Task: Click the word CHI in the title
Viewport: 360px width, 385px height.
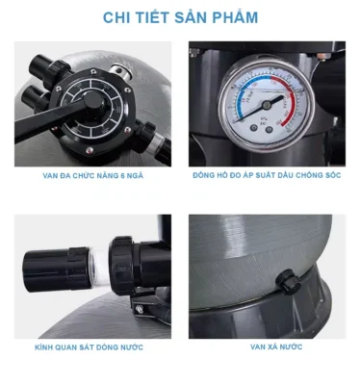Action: coord(117,17)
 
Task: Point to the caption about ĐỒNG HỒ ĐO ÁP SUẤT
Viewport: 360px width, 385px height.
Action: coord(267,177)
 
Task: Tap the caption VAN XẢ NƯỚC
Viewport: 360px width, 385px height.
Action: coord(267,347)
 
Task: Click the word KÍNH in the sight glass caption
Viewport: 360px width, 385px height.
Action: coord(50,347)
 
